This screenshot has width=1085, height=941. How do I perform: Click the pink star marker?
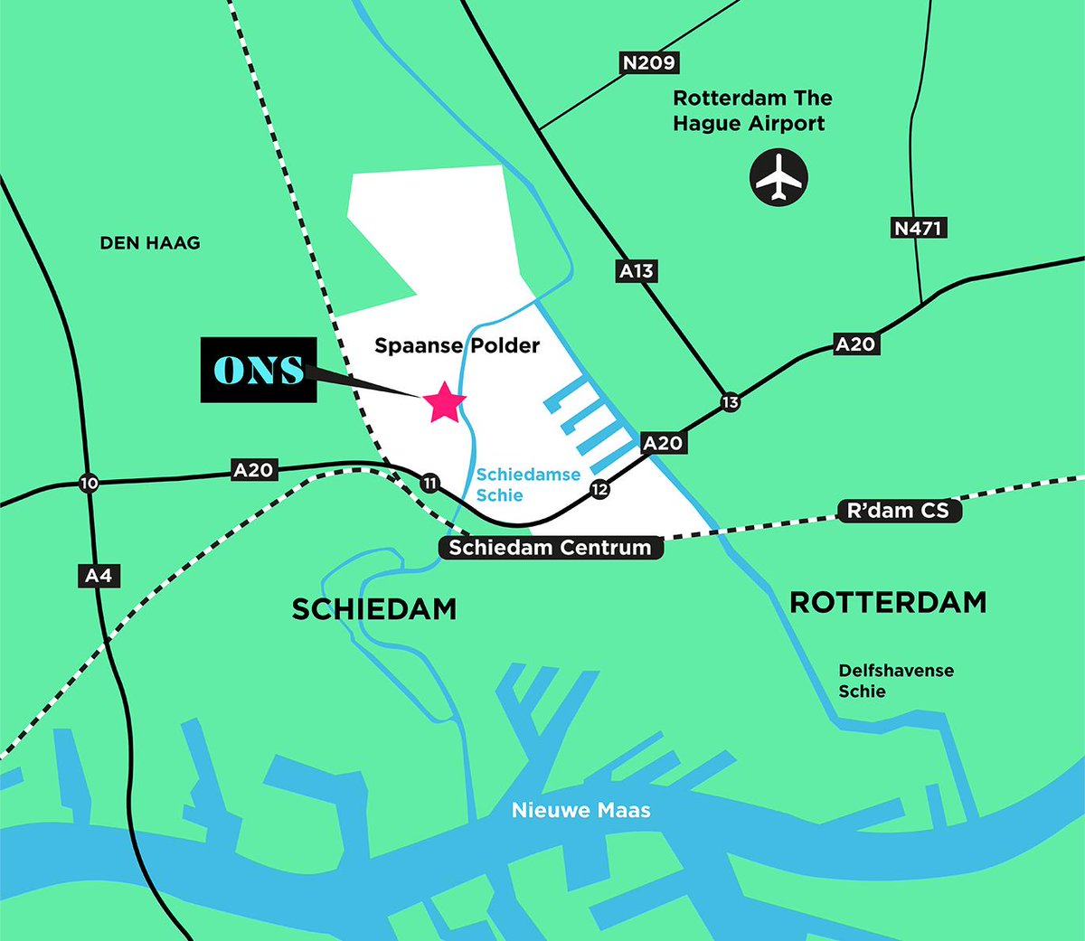point(444,403)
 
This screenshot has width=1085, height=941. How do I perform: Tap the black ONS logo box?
point(259,370)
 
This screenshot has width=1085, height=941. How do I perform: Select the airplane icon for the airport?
point(778,177)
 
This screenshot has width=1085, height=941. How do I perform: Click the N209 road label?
point(649,62)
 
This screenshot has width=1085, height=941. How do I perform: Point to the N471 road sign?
point(919,228)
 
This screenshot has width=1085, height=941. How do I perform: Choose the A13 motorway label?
point(637,270)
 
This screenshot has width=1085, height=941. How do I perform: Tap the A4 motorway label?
point(99,576)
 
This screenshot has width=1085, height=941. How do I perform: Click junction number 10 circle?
point(89,484)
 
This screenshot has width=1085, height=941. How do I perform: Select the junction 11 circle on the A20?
point(429,484)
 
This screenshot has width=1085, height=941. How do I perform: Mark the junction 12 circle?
point(599,489)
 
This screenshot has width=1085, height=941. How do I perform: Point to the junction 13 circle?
point(730,402)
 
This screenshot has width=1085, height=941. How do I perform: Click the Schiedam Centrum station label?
point(550,547)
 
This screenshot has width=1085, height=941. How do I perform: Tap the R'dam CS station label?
point(898,511)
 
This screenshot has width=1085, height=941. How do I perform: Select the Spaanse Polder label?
point(457,345)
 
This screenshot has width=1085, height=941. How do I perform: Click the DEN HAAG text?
point(150,242)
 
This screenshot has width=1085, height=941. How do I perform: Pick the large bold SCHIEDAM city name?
point(374,609)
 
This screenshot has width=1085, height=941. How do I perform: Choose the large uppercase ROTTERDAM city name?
point(888,602)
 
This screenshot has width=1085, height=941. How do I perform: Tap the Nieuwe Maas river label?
point(581,810)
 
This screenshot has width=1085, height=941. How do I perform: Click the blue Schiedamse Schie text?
point(528,485)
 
